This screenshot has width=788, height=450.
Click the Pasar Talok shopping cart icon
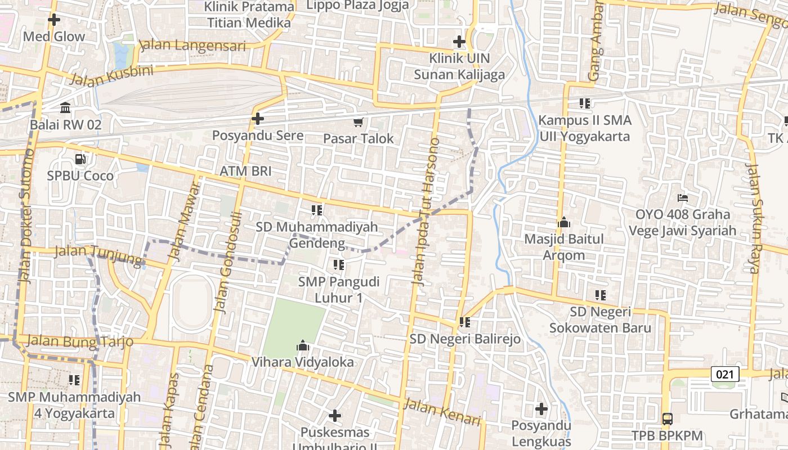coord(358,122)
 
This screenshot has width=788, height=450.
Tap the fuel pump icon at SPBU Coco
coord(80,159)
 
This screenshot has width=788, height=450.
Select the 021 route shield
coord(724,374)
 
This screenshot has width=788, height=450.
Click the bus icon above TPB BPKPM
coord(668,418)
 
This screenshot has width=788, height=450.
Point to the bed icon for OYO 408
coord(683,198)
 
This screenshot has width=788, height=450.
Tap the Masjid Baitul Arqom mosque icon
coord(564,223)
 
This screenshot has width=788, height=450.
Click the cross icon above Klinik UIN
coord(459,42)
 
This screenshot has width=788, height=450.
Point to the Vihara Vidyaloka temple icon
coord(303,345)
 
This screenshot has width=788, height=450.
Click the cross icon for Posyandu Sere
coord(258,119)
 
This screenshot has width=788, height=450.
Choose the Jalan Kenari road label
coord(443,412)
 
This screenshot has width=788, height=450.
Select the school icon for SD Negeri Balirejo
coord(465,322)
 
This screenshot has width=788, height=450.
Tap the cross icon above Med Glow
coord(54,20)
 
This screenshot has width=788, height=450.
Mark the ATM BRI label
coord(245,171)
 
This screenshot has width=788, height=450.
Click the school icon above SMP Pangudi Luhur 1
coord(338,264)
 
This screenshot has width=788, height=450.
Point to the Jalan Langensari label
coord(192,46)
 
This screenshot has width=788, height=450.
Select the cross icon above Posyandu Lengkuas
coord(541,408)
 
